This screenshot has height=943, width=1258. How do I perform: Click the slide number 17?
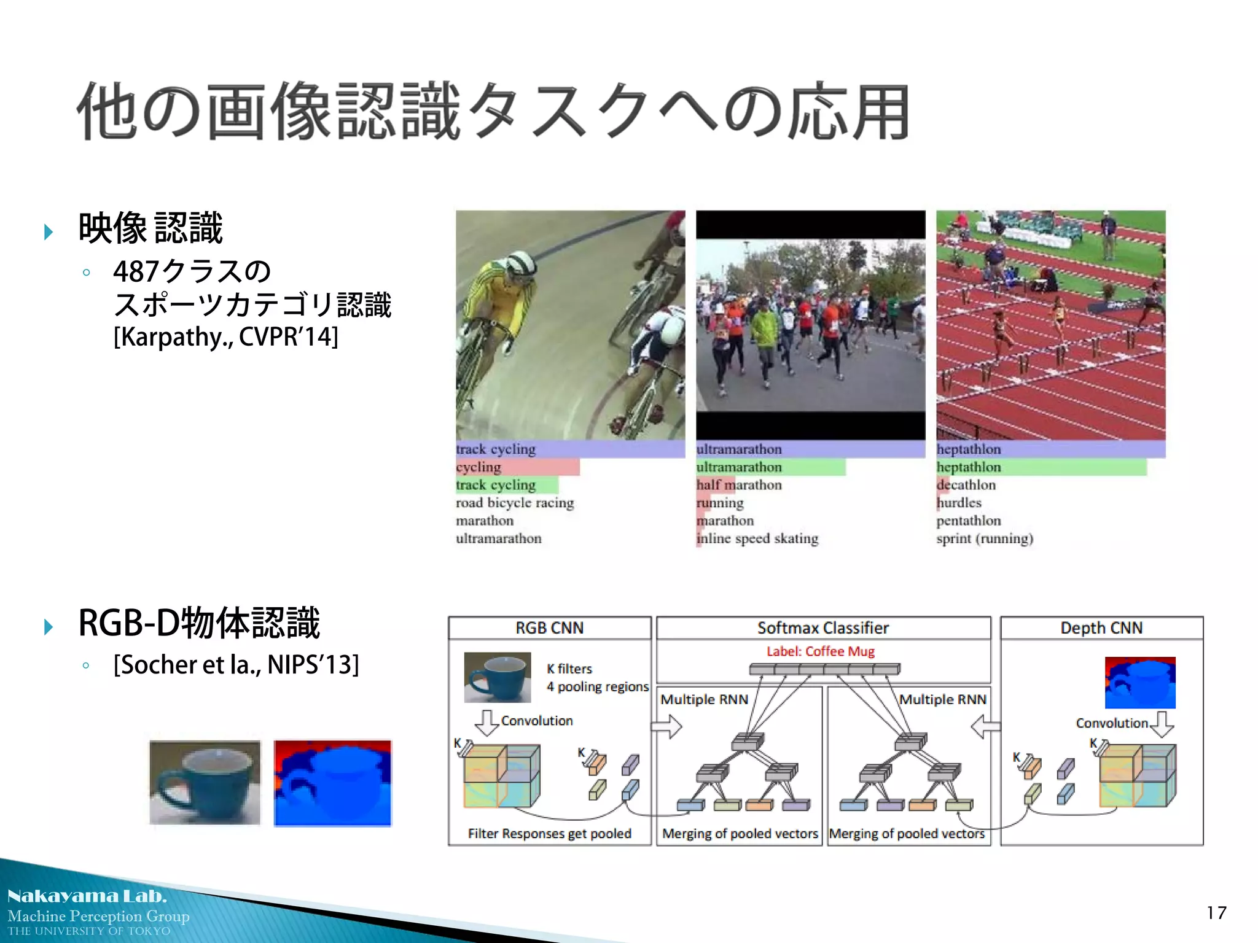[x=1216, y=913]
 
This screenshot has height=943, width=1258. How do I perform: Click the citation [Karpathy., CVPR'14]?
[x=225, y=337]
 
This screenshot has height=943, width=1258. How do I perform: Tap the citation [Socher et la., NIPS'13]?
[x=236, y=665]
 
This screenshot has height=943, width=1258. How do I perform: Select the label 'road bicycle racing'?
[x=515, y=503]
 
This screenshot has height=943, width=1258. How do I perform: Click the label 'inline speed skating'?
[x=757, y=538]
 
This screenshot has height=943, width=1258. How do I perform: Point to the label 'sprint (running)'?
[x=985, y=538]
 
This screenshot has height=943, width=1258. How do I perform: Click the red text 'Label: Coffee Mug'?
[x=820, y=651]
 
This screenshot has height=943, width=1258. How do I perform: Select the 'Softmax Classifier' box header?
[x=822, y=628]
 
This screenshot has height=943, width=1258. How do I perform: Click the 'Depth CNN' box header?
[x=1101, y=628]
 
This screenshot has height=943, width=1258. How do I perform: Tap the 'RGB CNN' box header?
[x=549, y=628]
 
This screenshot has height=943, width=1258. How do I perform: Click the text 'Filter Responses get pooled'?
[x=549, y=834]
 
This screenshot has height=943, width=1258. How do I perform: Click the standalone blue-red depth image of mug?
[x=332, y=783]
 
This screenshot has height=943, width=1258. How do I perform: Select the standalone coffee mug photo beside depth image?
[x=205, y=783]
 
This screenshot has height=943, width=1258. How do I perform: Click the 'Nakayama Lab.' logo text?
[x=87, y=896]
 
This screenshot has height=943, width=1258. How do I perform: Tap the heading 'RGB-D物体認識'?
[x=199, y=623]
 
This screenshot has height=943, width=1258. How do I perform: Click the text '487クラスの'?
[x=192, y=271]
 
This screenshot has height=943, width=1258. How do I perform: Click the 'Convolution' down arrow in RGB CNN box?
[x=486, y=723]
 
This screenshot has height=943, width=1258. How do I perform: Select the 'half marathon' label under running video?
[x=739, y=485]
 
